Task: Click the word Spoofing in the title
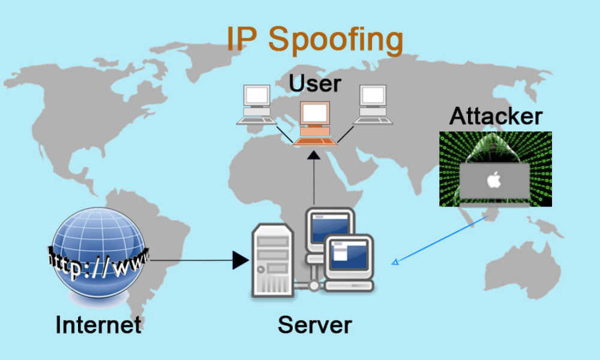click(x=335, y=40)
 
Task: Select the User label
click(x=315, y=83)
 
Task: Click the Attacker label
click(x=496, y=116)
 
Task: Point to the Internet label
click(x=98, y=325)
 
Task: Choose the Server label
click(x=314, y=325)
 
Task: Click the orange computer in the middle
click(x=315, y=124)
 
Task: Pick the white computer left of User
click(x=256, y=104)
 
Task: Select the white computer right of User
click(x=373, y=104)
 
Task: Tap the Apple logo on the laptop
click(x=494, y=179)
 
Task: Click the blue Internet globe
click(x=98, y=253)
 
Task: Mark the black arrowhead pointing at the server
click(x=241, y=260)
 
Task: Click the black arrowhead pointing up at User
click(x=314, y=155)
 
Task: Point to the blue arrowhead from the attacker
click(x=395, y=262)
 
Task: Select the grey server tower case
click(x=272, y=260)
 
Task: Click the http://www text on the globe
click(x=98, y=263)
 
